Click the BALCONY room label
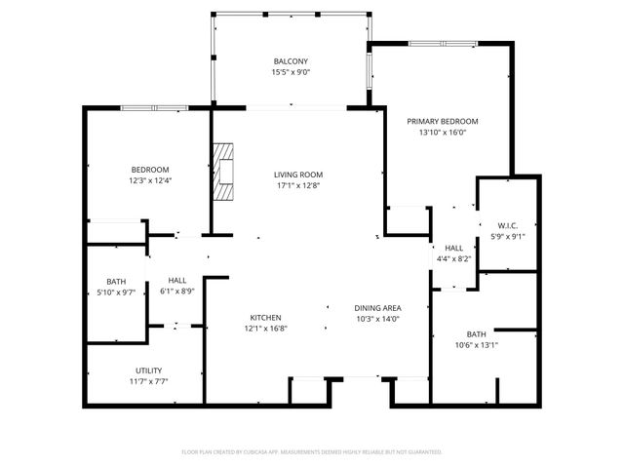290,60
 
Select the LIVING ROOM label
297,175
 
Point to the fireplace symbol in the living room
226,172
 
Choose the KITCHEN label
265,318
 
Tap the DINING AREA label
377,308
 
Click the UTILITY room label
148,370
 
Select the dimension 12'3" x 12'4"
149,180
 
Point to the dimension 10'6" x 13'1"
476,345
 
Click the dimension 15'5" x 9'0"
290,72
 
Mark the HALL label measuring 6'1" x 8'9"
176,280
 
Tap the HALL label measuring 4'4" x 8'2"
453,248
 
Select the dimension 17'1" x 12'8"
297,185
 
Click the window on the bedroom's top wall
150,106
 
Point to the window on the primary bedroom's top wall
436,44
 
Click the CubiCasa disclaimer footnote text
312,452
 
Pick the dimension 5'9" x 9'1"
506,235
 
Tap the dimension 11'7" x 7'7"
148,382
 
